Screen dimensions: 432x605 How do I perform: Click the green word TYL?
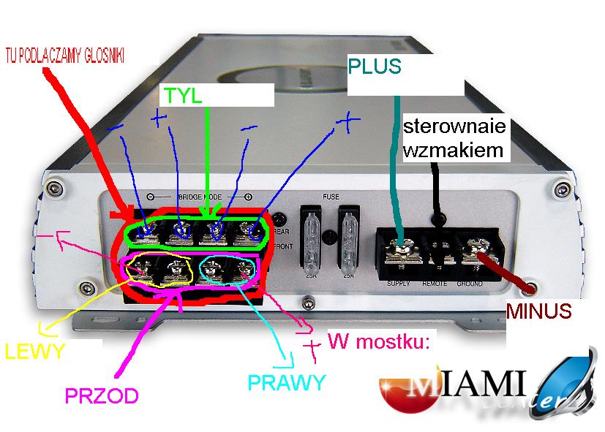click(182, 96)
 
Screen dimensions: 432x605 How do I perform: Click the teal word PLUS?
click(375, 67)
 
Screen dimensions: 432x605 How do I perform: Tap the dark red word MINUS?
click(538, 312)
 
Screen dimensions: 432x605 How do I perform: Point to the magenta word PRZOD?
click(102, 395)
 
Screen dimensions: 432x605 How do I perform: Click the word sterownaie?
click(454, 127)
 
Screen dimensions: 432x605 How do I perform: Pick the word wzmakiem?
click(454, 151)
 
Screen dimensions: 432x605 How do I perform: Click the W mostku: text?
click(377, 341)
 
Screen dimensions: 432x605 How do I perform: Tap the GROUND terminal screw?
click(470, 253)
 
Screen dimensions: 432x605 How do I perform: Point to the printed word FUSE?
click(330, 197)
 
